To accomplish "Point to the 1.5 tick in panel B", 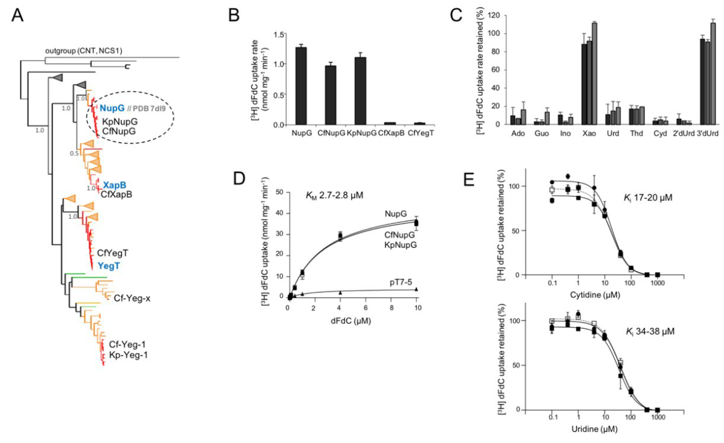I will click(x=280, y=34).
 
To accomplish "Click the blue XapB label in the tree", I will click(x=114, y=185).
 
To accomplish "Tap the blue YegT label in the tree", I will click(x=109, y=266).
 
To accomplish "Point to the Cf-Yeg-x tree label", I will click(x=132, y=298).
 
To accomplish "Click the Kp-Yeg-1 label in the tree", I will click(x=128, y=355).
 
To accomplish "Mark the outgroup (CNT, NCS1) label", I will click(x=83, y=51).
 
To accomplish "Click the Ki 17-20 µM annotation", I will click(x=648, y=198).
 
